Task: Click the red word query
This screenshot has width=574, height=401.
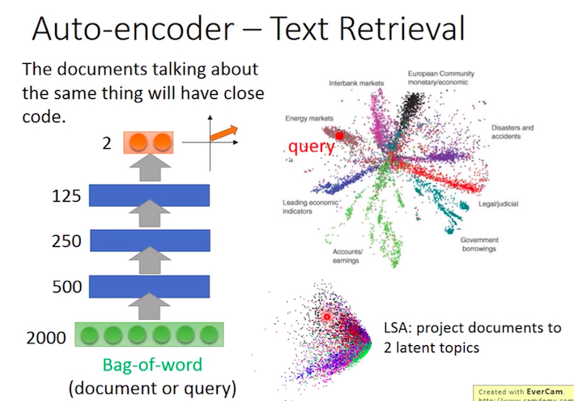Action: tap(312, 148)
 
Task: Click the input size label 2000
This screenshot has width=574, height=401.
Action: tap(46, 336)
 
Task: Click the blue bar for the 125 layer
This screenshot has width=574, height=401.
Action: tap(149, 195)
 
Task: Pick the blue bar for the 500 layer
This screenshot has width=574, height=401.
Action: tap(149, 286)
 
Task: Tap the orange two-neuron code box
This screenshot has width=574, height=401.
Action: tap(149, 143)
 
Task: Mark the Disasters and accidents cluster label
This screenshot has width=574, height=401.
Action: tap(513, 132)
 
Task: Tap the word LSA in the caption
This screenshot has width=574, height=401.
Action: tap(398, 328)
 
